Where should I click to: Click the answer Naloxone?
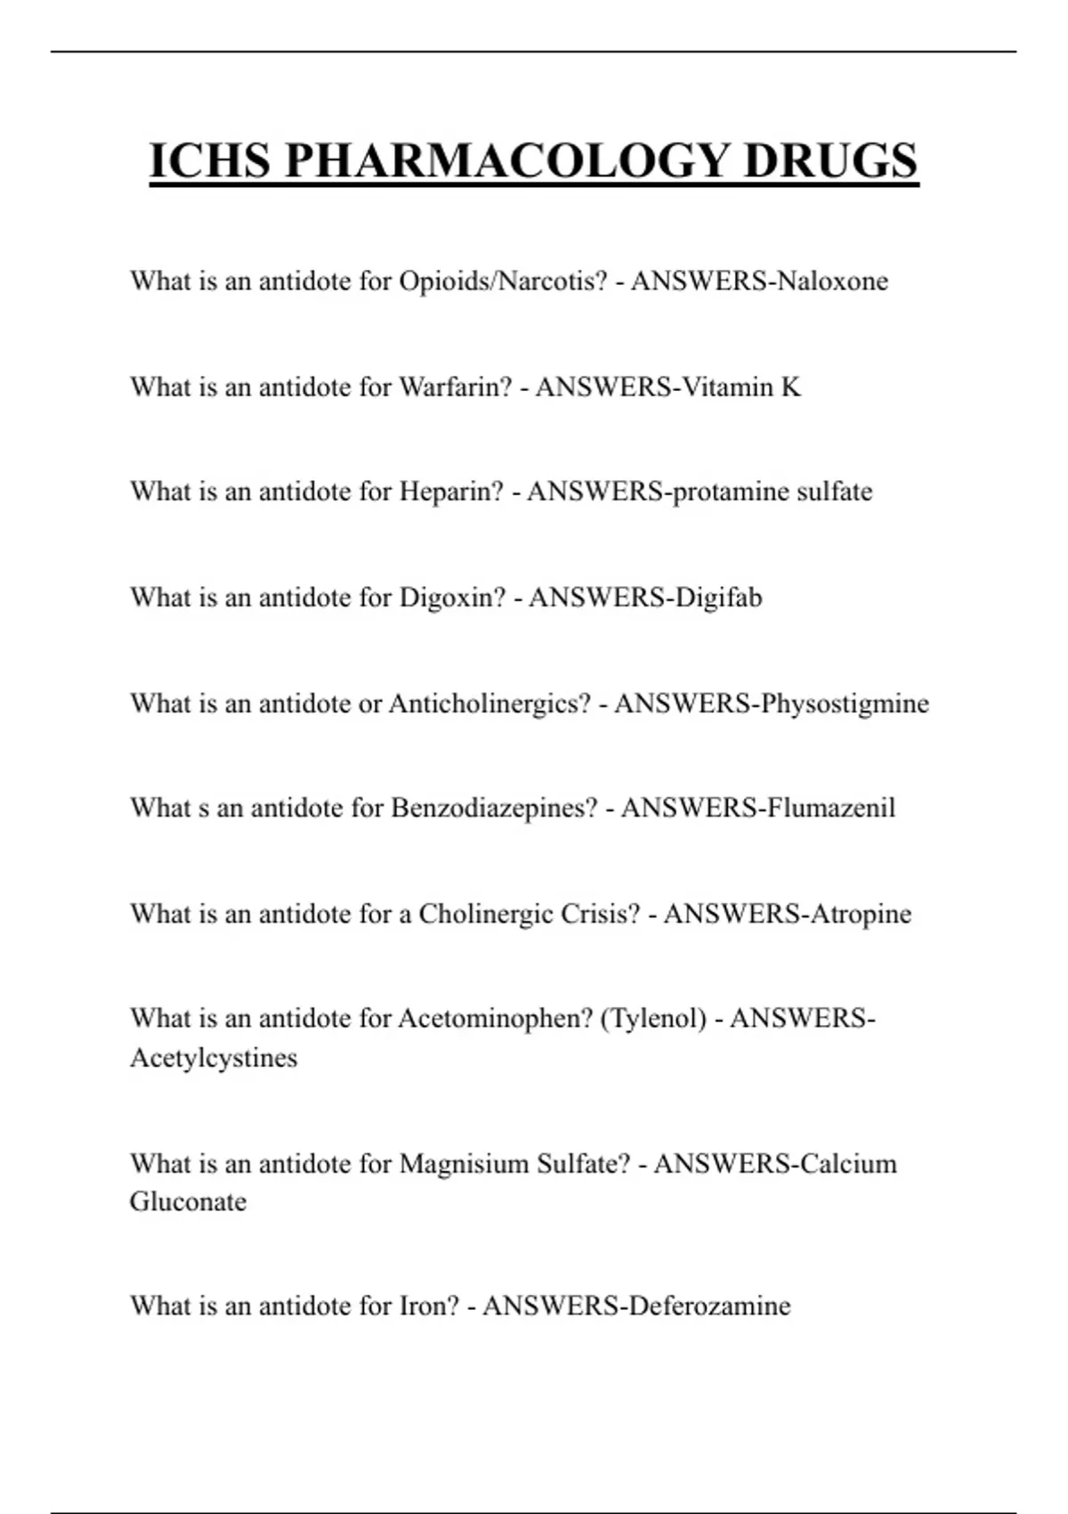832,281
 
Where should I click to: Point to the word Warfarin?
455,387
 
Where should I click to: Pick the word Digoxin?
452,598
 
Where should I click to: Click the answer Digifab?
719,598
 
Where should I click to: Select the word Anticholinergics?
489,704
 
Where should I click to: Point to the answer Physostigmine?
845,704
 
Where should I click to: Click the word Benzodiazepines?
494,809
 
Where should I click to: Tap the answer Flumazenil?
830,809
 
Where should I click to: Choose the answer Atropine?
861,914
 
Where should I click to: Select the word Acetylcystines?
214,1058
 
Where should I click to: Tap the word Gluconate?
188,1202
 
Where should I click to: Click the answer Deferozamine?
708,1306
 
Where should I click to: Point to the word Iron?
429,1306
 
